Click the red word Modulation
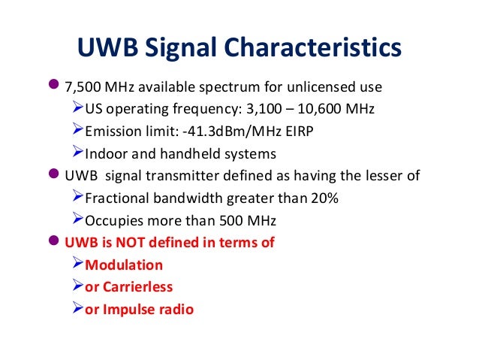tap(124, 265)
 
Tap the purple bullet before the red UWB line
tap(53, 242)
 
